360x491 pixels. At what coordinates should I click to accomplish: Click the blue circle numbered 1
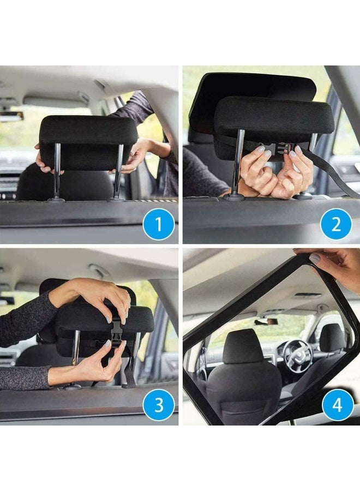click(158, 224)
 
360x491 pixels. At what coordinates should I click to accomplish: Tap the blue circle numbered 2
click(335, 224)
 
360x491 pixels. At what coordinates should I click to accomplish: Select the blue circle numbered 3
click(158, 406)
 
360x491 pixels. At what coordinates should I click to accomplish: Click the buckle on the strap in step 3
click(116, 330)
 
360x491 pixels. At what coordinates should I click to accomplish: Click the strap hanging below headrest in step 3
click(129, 371)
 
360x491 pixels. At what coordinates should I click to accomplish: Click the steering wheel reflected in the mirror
click(298, 355)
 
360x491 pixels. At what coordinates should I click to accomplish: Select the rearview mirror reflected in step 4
click(266, 322)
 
